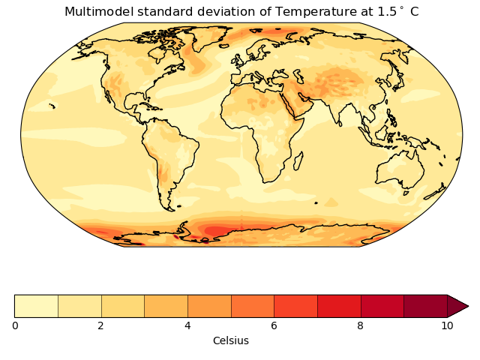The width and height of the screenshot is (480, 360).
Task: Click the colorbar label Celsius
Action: pos(230,340)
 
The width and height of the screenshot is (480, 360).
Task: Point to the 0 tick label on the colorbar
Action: pos(15,325)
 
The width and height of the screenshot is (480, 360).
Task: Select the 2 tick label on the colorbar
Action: pos(101,325)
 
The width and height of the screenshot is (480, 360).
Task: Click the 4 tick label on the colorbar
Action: pos(187,325)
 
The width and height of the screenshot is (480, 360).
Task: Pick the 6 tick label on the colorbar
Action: pos(274,325)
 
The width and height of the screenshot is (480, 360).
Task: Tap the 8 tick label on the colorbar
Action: pos(361,325)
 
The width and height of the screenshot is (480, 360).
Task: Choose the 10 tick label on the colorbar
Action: pos(447,325)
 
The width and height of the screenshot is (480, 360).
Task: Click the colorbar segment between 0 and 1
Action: pos(36,306)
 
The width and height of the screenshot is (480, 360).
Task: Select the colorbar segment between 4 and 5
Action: pos(209,306)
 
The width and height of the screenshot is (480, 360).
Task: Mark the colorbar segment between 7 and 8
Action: pos(339,306)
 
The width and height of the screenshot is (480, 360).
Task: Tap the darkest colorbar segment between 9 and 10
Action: pos(425,306)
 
